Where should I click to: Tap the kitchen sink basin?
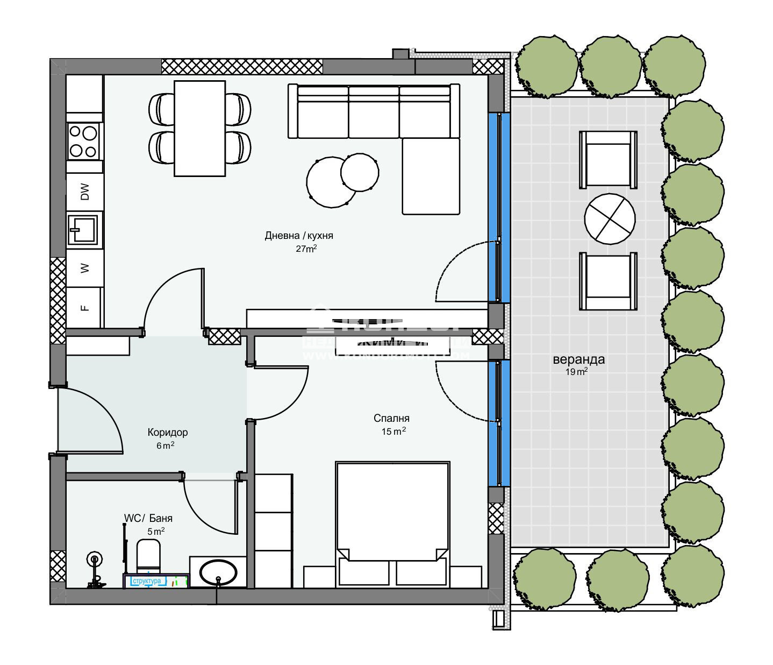82,230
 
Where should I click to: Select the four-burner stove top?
84,141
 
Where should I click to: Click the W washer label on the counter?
84,268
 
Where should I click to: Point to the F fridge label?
84,308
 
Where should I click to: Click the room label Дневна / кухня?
299,236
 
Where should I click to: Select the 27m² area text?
306,249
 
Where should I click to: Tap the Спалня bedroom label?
391,418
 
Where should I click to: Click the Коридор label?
167,432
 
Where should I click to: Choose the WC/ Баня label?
148,518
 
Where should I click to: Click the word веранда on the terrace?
578,359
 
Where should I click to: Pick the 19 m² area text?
576,372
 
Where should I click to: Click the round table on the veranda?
610,220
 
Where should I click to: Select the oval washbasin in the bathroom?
218,572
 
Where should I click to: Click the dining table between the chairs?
199,128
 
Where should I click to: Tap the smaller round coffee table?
360,172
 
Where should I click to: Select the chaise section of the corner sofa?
431,176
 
